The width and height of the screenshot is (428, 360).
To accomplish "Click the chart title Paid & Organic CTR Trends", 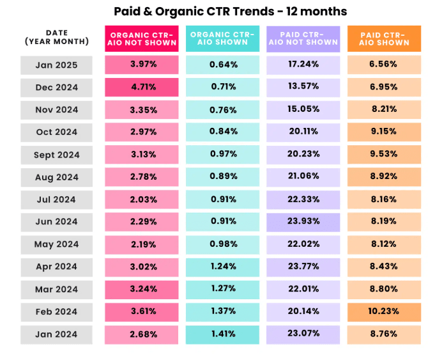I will pyautogui.click(x=231, y=12).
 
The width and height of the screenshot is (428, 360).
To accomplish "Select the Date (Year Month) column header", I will pyautogui.click(x=56, y=37).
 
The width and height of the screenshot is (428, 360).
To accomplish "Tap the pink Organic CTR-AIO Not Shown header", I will pyautogui.click(x=142, y=38).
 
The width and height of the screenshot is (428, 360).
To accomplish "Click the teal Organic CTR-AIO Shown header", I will pyautogui.click(x=223, y=38).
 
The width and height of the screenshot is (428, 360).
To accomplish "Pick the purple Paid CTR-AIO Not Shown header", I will pyautogui.click(x=303, y=38).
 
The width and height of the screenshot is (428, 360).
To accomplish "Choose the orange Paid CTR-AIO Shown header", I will pyautogui.click(x=384, y=38).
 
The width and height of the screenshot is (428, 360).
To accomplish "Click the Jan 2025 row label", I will pyautogui.click(x=56, y=65).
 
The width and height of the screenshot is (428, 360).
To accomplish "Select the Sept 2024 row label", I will pyautogui.click(x=56, y=155).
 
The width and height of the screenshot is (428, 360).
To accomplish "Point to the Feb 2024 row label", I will pyautogui.click(x=56, y=312).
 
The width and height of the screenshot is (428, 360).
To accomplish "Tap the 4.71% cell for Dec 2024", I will pyautogui.click(x=142, y=87).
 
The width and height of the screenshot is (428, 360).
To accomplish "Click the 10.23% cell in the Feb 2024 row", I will pyautogui.click(x=384, y=312).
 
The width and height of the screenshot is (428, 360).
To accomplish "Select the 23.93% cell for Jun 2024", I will pyautogui.click(x=303, y=222).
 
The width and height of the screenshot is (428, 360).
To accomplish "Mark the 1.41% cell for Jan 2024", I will pyautogui.click(x=223, y=334).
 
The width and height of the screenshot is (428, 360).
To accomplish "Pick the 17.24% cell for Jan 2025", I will pyautogui.click(x=303, y=65).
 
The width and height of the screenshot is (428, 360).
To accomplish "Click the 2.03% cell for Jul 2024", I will pyautogui.click(x=142, y=200).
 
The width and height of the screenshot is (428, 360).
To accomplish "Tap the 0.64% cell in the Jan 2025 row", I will pyautogui.click(x=223, y=65).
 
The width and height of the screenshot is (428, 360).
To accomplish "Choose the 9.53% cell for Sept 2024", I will pyautogui.click(x=384, y=155).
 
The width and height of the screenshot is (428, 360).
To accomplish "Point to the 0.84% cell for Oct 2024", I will pyautogui.click(x=223, y=132).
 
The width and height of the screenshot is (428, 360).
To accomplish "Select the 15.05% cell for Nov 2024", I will pyautogui.click(x=303, y=109).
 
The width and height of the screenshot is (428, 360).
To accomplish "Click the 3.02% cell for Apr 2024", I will pyautogui.click(x=142, y=267).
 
